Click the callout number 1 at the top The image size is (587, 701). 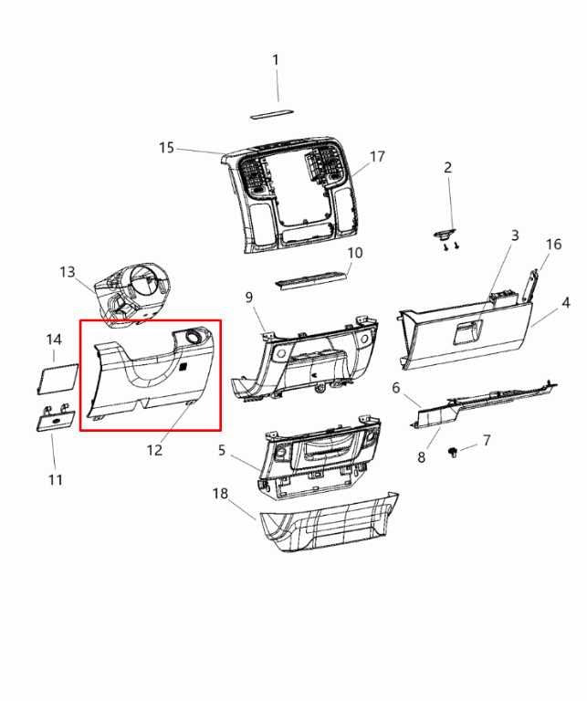click(x=276, y=60)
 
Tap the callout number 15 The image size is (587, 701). click(x=166, y=148)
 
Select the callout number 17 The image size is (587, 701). click(x=377, y=157)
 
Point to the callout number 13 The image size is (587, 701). click(x=68, y=272)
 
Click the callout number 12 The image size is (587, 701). click(x=155, y=450)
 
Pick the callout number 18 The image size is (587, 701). click(x=220, y=494)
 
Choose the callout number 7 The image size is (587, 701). click(x=487, y=441)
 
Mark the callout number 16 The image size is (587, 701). click(x=553, y=245)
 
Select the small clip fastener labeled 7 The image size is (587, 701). click(x=454, y=453)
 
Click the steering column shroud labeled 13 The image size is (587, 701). click(x=132, y=290)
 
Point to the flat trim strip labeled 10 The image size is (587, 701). click(x=312, y=277)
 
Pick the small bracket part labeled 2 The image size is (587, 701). click(x=446, y=234)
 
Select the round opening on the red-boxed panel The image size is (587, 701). click(x=194, y=338)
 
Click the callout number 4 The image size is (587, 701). click(x=566, y=302)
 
